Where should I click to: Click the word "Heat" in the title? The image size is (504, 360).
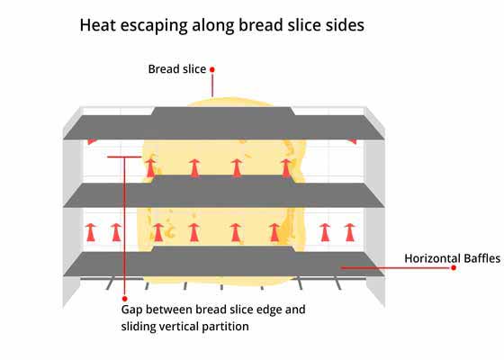click(98, 25)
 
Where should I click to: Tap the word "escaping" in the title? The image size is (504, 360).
click(154, 26)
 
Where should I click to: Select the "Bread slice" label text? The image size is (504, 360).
click(176, 69)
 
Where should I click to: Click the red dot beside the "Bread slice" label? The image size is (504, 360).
click(212, 69)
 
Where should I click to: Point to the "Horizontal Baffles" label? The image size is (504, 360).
click(452, 258)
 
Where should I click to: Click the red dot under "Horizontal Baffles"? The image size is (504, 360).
click(454, 268)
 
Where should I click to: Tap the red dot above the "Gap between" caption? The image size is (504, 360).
click(125, 299)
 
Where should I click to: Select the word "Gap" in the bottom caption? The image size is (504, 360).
click(131, 310)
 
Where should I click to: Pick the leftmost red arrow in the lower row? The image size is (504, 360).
click(91, 232)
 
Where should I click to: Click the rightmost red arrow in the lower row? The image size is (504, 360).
click(350, 232)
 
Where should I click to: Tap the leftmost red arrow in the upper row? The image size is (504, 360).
click(150, 167)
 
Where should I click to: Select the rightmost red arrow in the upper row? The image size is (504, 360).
click(286, 167)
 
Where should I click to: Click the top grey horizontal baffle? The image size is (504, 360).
click(224, 124)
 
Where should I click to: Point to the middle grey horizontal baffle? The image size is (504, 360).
click(224, 193)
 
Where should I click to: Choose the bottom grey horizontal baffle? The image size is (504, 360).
click(224, 262)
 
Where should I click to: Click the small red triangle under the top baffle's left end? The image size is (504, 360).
click(91, 141)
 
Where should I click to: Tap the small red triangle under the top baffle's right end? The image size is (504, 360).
click(352, 141)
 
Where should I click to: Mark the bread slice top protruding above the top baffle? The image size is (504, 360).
click(229, 103)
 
